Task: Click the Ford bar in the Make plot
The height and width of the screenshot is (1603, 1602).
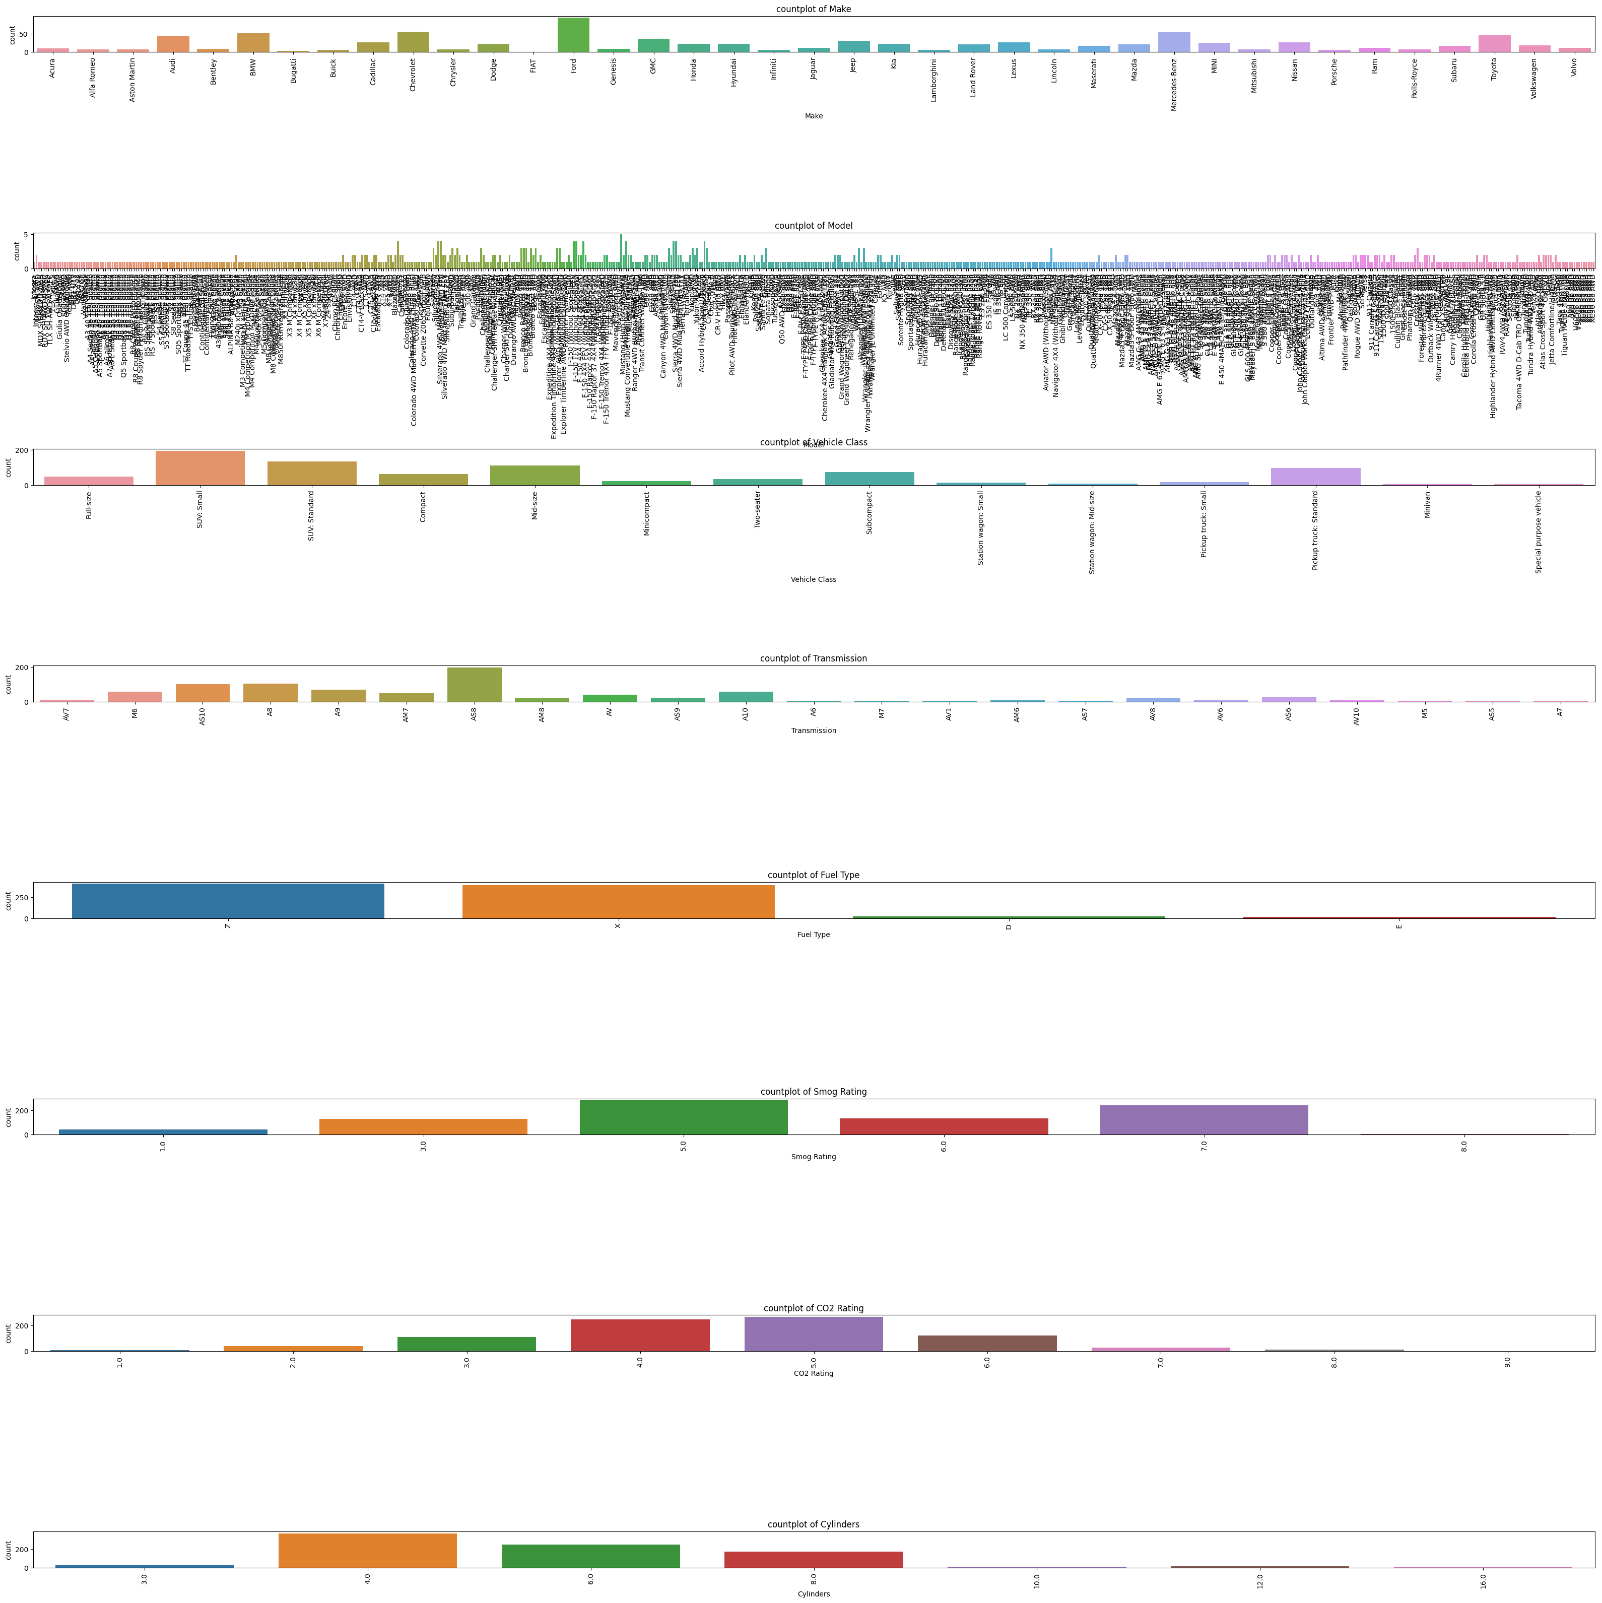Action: tap(573, 35)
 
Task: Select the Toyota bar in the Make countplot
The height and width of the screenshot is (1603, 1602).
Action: tap(1494, 44)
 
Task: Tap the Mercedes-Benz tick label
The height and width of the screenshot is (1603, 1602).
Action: tap(1174, 84)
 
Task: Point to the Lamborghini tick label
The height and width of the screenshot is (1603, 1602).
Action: tap(934, 80)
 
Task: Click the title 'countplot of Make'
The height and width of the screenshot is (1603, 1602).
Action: tap(813, 9)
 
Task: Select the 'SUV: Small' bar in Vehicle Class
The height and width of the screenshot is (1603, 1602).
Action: tap(200, 468)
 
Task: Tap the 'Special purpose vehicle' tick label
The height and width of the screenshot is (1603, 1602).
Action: tap(1538, 532)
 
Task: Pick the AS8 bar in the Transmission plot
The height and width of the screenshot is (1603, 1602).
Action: tap(474, 685)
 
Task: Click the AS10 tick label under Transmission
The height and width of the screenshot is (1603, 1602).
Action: tap(203, 716)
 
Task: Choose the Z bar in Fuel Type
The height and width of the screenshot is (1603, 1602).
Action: tap(228, 901)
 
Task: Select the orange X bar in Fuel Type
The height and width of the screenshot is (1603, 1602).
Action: tap(618, 902)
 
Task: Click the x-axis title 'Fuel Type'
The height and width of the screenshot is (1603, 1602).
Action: tap(813, 934)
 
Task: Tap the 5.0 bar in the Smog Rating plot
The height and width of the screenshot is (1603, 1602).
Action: tap(684, 1118)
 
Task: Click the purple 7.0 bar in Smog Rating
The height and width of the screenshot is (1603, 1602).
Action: tap(1204, 1120)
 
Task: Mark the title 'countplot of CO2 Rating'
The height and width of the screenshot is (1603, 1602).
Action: tap(813, 1308)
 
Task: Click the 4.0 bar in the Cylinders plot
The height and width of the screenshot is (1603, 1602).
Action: tap(368, 1550)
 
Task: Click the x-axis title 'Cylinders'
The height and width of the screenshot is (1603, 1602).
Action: tap(813, 1594)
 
